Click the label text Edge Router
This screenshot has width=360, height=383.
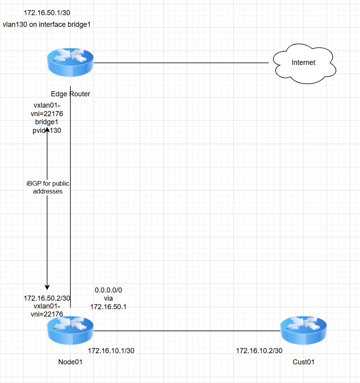pos(70,94)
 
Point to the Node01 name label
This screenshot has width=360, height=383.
pos(70,362)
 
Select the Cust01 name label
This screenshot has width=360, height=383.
pos(303,362)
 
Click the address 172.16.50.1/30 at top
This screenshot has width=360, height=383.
pos(47,12)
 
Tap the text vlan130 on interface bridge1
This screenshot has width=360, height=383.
pos(47,24)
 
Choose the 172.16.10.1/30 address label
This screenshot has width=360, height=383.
pos(111,350)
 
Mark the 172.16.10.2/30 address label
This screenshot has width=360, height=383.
pos(259,350)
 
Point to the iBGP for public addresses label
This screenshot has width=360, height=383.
pos(47,187)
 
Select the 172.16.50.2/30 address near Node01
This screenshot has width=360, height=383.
pos(47,298)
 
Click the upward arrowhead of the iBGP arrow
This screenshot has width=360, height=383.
pos(47,129)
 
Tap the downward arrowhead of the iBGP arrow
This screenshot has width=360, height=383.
pos(47,287)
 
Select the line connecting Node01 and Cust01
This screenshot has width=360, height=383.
pos(187,331)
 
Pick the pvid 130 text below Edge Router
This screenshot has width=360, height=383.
pos(47,131)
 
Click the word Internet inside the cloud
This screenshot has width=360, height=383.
pos(303,63)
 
